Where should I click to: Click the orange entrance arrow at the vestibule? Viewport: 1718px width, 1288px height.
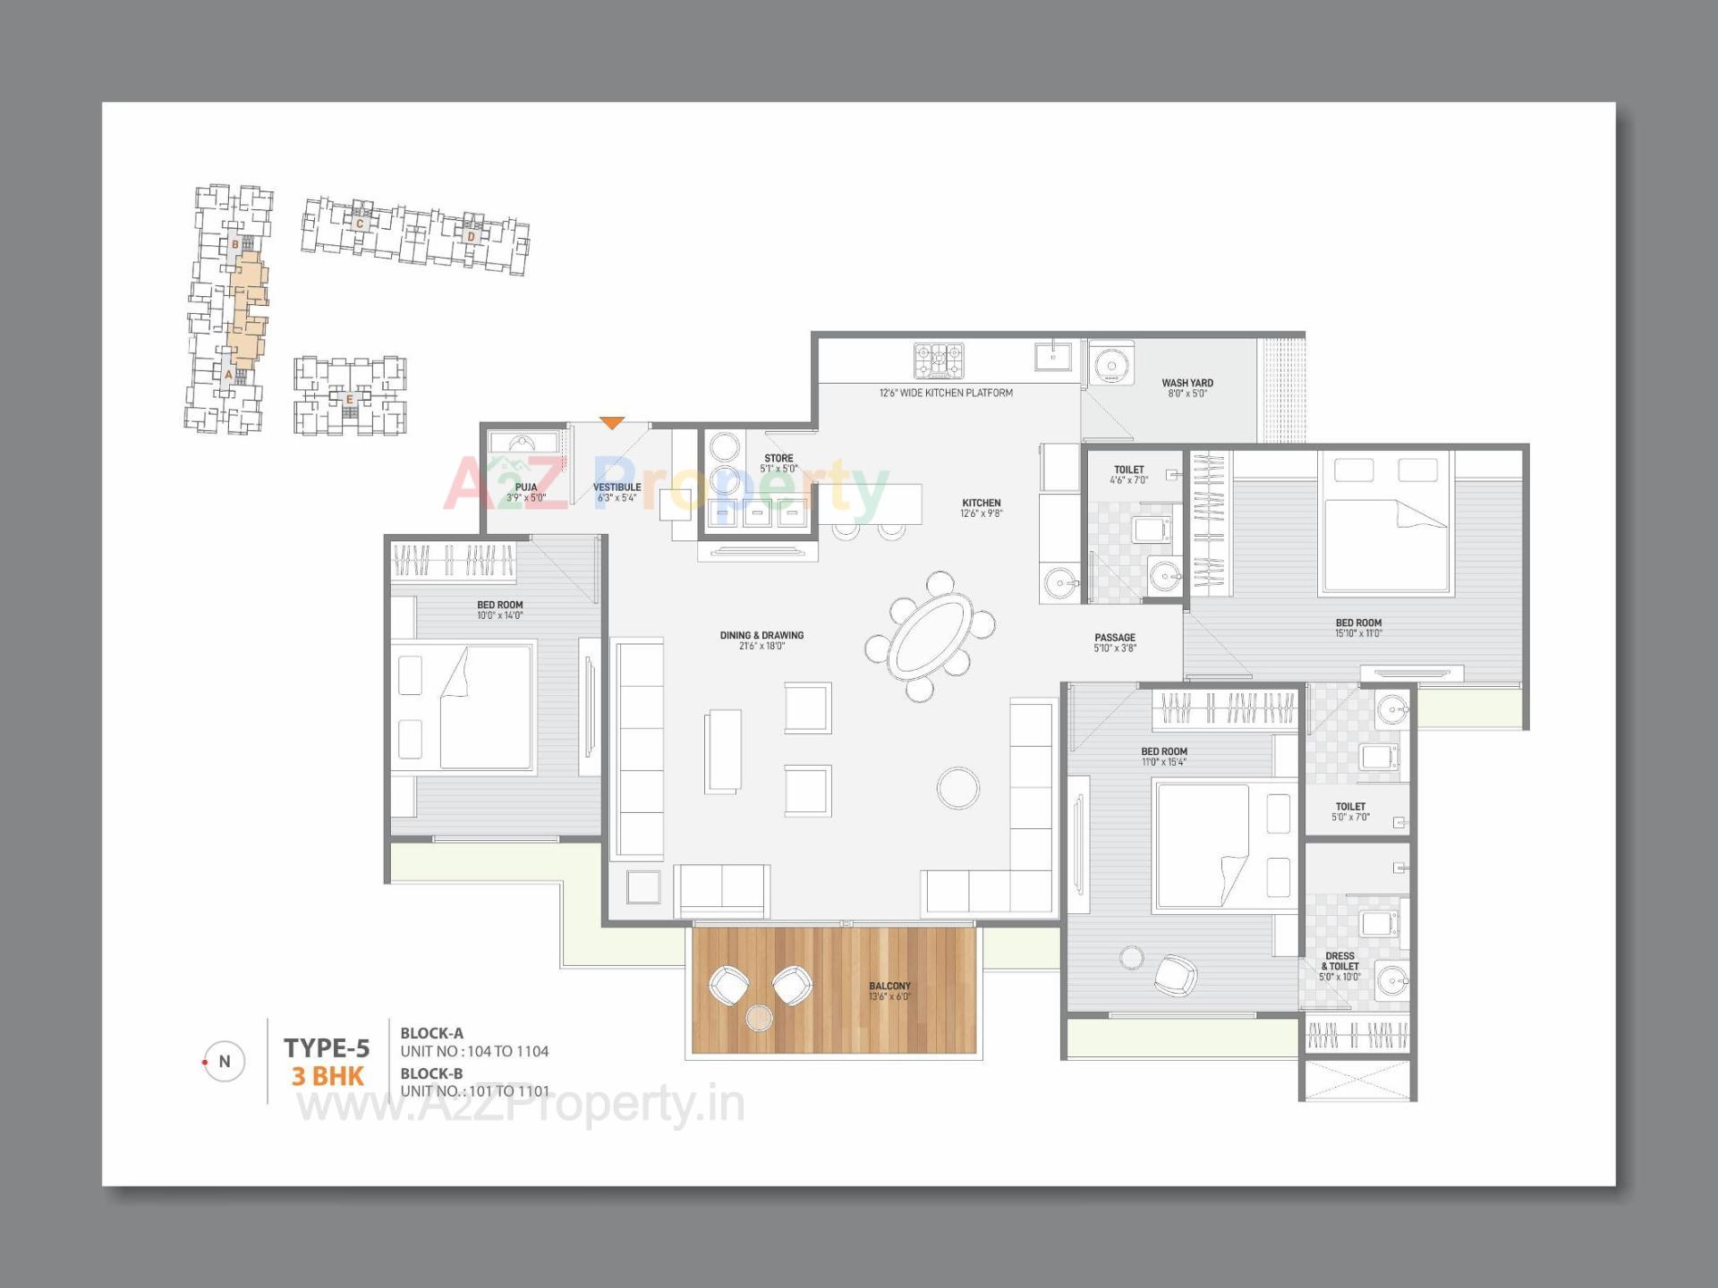(611, 422)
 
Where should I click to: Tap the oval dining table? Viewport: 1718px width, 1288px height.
(931, 636)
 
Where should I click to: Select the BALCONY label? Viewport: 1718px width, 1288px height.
(889, 986)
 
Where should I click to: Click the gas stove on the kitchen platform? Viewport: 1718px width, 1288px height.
(939, 360)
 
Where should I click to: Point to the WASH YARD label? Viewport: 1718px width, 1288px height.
(1187, 383)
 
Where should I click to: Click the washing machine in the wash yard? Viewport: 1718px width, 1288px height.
(1111, 365)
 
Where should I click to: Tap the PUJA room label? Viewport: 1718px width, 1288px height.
(526, 487)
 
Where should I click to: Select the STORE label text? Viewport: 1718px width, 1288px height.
(778, 458)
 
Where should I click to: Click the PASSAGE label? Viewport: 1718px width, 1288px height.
(1115, 638)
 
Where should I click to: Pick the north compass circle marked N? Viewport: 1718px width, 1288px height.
(225, 1062)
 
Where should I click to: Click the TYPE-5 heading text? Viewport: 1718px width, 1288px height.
(327, 1047)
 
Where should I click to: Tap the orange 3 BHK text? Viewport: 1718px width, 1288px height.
(327, 1076)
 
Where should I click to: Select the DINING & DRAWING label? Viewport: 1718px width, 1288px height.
(761, 635)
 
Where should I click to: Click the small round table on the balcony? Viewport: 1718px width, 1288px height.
(759, 1017)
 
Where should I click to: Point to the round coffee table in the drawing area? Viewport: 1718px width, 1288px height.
(958, 788)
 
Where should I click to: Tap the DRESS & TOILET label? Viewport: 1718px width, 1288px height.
(1340, 962)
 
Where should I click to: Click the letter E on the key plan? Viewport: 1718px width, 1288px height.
(350, 399)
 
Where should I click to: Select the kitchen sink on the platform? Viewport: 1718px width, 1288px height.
(1053, 356)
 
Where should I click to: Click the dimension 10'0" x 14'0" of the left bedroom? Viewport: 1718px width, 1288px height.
(499, 615)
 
